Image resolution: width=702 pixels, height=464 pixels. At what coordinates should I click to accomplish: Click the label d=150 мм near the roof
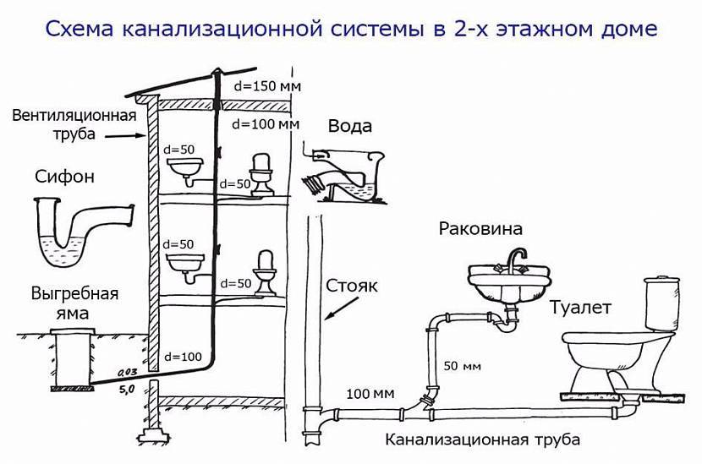tap(267, 86)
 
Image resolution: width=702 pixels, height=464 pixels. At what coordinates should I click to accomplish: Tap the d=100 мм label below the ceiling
tap(266, 123)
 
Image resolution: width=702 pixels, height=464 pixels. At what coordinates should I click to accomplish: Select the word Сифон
tap(65, 177)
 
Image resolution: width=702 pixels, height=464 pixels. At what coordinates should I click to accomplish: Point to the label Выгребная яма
tap(74, 303)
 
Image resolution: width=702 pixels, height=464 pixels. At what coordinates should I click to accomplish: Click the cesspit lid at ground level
tap(73, 330)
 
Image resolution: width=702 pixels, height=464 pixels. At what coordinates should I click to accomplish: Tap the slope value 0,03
tap(127, 372)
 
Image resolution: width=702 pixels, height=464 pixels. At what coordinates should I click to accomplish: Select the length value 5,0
tap(127, 390)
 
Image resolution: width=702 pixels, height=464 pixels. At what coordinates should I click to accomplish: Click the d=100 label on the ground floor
tap(183, 357)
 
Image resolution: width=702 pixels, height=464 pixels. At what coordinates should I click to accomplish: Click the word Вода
tap(349, 126)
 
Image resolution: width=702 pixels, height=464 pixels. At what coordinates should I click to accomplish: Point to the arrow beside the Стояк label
tap(342, 308)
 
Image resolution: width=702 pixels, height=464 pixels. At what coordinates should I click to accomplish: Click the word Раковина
tap(480, 229)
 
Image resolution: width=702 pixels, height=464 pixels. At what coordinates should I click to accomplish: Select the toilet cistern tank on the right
tap(661, 303)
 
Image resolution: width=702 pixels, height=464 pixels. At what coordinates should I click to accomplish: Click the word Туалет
tap(580, 308)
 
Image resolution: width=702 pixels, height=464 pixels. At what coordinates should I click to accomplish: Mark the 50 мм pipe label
tap(463, 366)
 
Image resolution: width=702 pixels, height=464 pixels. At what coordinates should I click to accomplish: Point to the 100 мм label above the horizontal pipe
tap(370, 394)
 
